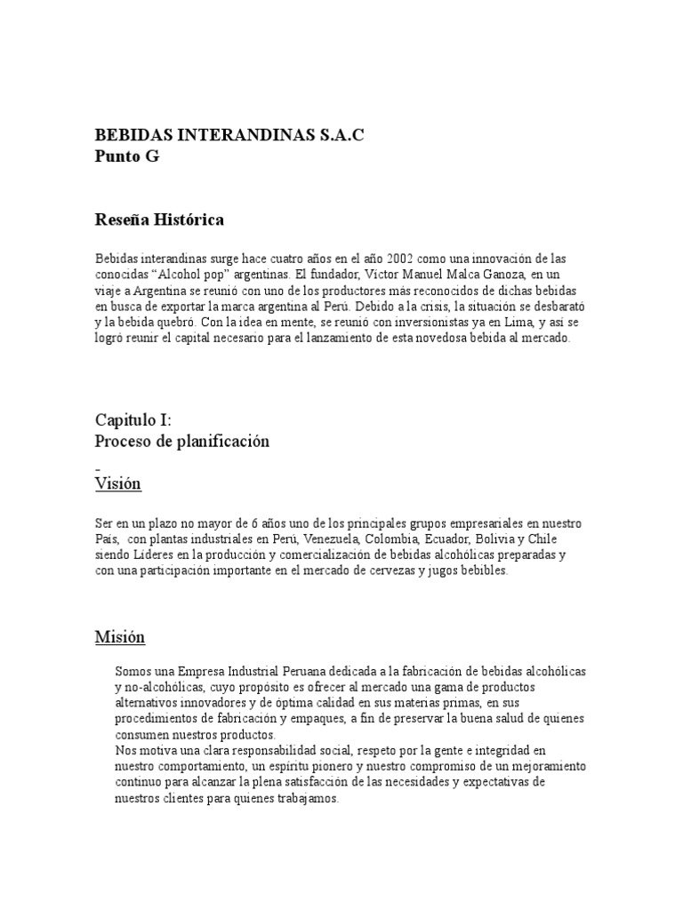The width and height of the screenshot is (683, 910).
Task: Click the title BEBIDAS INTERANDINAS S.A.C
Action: tap(229, 135)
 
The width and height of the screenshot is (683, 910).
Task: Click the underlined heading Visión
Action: tap(118, 484)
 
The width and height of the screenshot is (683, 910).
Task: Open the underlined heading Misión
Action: tap(120, 637)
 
